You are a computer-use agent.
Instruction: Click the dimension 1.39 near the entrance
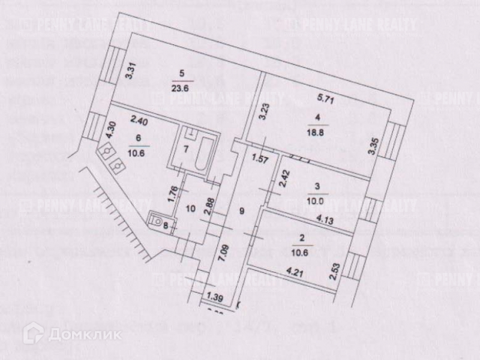point(212,296)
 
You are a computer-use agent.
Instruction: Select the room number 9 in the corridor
point(242,211)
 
